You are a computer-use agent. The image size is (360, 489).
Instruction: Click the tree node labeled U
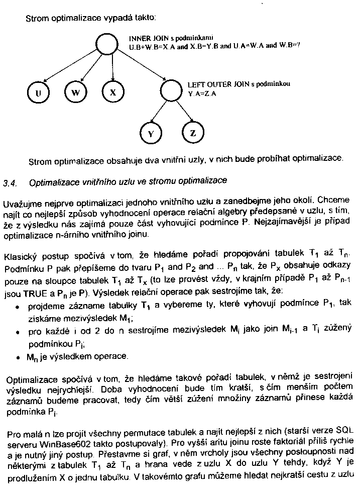pos(39,92)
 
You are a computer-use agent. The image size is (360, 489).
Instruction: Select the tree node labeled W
pos(76,92)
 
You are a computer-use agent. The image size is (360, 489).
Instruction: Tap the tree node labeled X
pos(113,92)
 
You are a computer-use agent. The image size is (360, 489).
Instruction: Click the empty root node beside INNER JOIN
pos(106,43)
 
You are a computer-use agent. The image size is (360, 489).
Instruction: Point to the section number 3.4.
pos(10,181)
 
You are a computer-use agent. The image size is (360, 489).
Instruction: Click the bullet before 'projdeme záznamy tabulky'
pos(18,306)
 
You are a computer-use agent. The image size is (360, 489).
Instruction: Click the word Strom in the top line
pos(37,18)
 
